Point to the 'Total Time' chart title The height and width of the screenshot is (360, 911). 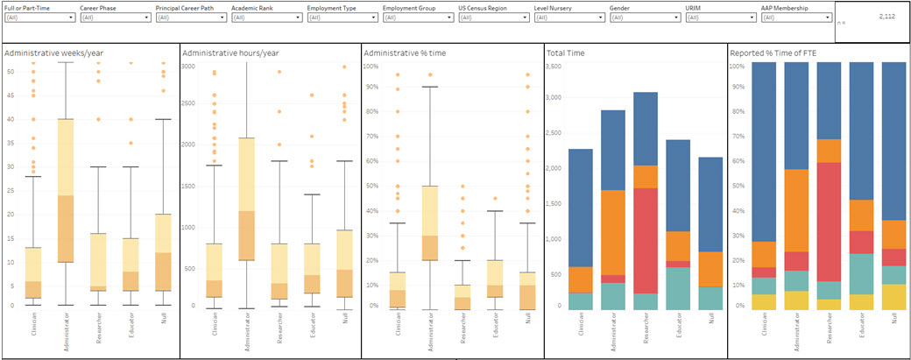[x=567, y=53]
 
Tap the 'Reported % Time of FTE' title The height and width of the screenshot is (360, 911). [x=775, y=53]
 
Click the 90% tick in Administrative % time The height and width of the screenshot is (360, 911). [x=371, y=90]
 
